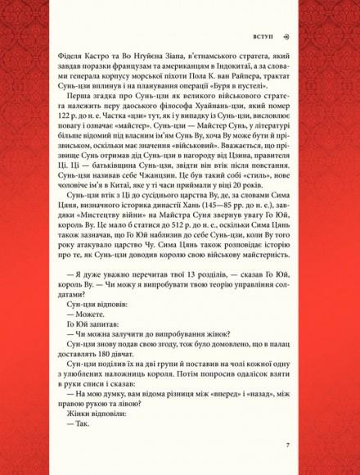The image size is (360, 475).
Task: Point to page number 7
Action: click(x=288, y=446)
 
